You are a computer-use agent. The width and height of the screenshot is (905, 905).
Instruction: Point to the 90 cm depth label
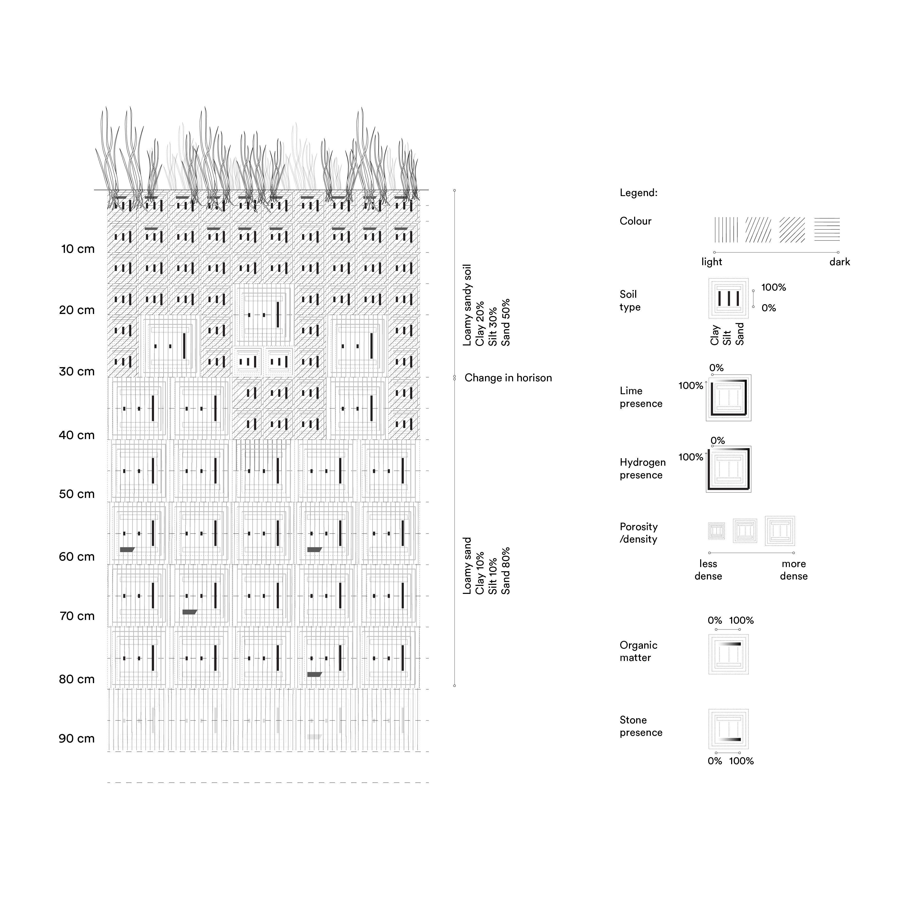[77, 739]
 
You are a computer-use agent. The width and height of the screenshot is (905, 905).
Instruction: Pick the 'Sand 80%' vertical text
[505, 571]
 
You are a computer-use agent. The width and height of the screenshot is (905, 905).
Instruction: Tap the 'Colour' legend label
[636, 221]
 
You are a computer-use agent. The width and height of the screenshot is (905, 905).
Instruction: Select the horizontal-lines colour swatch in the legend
[827, 230]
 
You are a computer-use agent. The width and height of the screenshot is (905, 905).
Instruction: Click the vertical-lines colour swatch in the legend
[726, 230]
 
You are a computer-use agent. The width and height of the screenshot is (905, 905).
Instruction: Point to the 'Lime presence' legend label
[641, 397]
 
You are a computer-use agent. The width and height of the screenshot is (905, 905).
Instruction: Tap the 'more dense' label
[794, 570]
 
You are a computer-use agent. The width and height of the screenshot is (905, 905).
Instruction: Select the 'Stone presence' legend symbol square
[728, 729]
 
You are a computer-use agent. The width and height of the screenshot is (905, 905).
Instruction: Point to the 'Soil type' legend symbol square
[728, 299]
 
